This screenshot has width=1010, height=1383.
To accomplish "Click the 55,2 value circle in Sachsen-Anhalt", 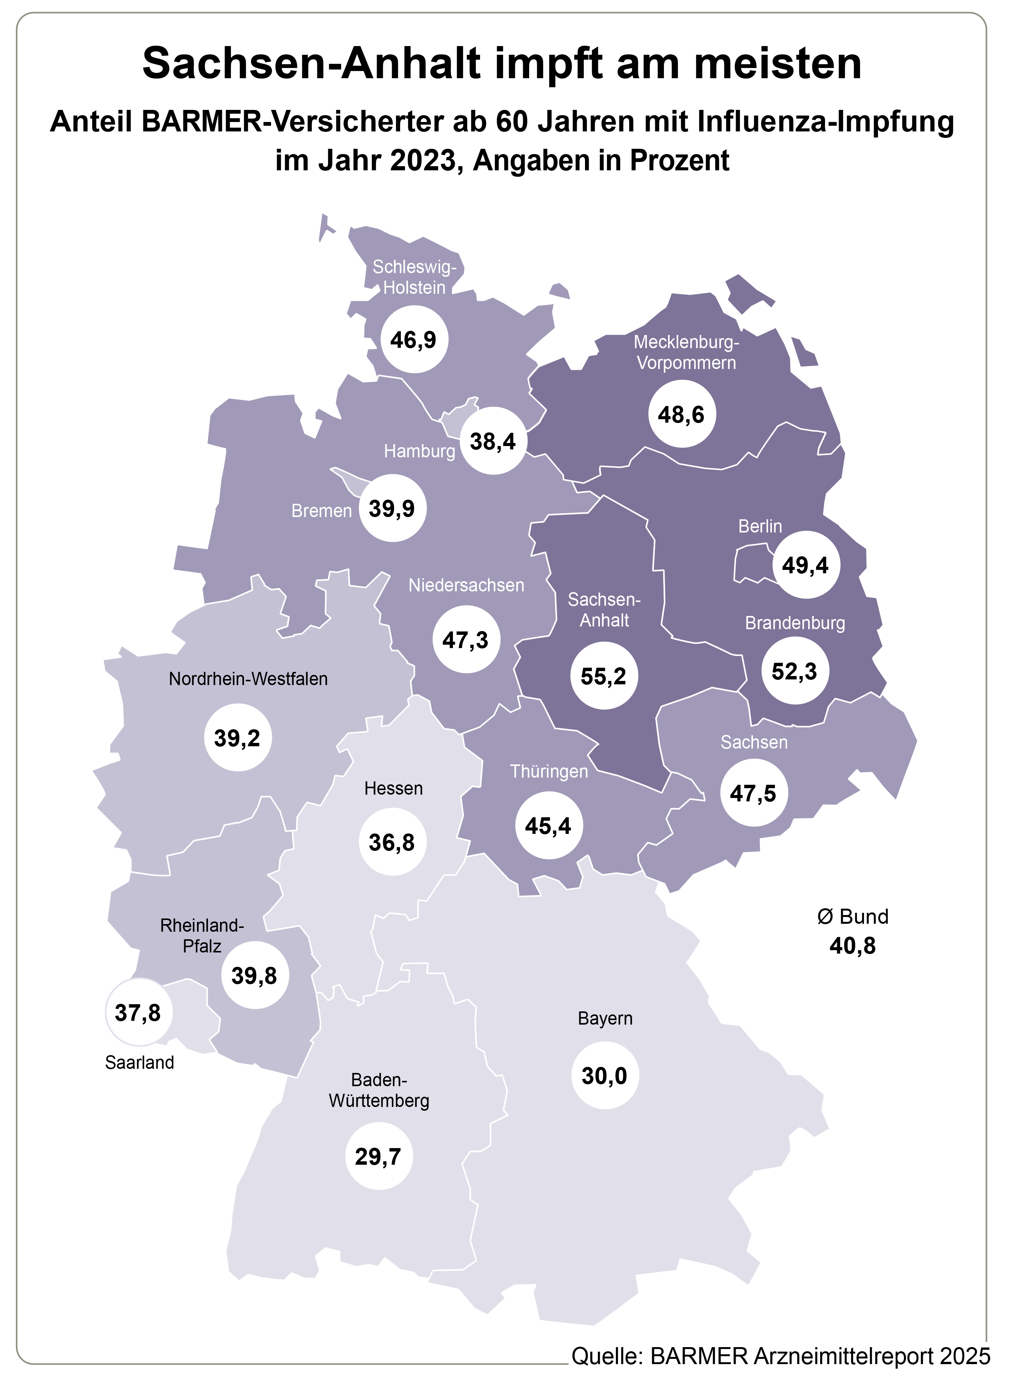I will tap(604, 676).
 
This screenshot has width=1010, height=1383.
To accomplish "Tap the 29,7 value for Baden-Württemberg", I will tap(379, 1156).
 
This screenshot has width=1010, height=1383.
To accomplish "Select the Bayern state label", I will tap(605, 1019).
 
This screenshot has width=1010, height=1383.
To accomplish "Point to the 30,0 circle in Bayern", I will tap(605, 1075).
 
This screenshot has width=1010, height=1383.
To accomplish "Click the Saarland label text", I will tap(139, 1062).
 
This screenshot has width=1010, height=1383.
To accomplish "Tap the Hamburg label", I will tap(419, 451).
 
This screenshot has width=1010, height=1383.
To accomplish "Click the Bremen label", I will tap(322, 511).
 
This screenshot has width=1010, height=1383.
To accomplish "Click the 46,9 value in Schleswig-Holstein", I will tap(414, 340).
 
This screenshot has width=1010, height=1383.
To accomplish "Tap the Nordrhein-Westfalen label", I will tap(248, 679).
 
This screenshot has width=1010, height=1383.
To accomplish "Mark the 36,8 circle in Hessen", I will tap(392, 842).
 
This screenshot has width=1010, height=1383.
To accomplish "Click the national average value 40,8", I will tap(852, 946).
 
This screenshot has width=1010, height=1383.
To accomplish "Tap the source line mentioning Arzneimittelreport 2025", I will tap(780, 1356).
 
